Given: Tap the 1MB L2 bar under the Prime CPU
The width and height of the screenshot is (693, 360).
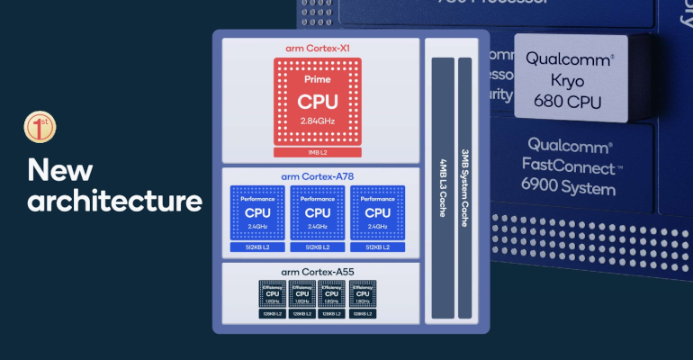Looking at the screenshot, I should click(x=318, y=152).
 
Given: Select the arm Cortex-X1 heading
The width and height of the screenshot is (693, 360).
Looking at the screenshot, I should click(x=318, y=47).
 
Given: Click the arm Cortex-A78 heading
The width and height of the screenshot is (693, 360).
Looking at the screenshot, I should click(x=318, y=175).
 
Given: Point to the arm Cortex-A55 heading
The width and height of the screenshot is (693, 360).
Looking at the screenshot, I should click(x=318, y=272).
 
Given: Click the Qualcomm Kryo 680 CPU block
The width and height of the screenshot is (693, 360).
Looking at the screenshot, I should click(x=571, y=79).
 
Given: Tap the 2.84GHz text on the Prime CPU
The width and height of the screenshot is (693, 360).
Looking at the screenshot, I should click(x=318, y=120).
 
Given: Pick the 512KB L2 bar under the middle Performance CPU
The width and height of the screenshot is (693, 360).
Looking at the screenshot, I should click(x=319, y=247).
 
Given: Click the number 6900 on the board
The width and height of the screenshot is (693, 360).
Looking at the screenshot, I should click(x=547, y=189).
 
